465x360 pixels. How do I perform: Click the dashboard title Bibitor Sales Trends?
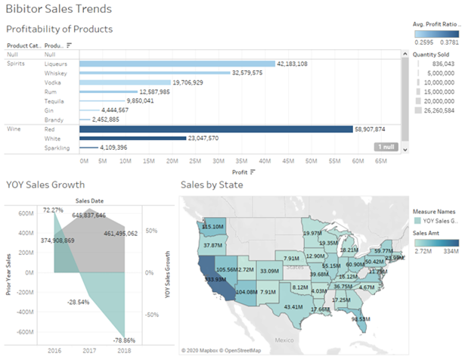click(59, 10)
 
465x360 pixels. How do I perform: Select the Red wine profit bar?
click(215, 129)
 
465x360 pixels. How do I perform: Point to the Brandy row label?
click(54, 119)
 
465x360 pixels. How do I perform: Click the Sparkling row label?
click(57, 147)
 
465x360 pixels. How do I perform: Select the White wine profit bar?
click(132, 138)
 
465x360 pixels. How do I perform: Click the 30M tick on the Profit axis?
click(219, 160)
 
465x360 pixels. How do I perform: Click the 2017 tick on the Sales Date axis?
click(89, 349)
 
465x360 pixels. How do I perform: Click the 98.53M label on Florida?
click(361, 318)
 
